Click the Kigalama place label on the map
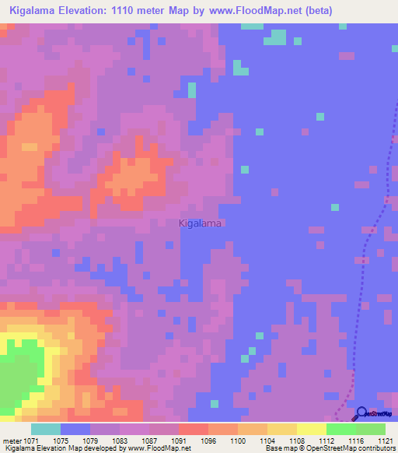coord(201,223)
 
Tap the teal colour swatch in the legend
coord(46,429)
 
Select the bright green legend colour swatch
coord(340,429)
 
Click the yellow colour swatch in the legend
coord(311,429)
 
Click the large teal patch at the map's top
coord(278,37)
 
